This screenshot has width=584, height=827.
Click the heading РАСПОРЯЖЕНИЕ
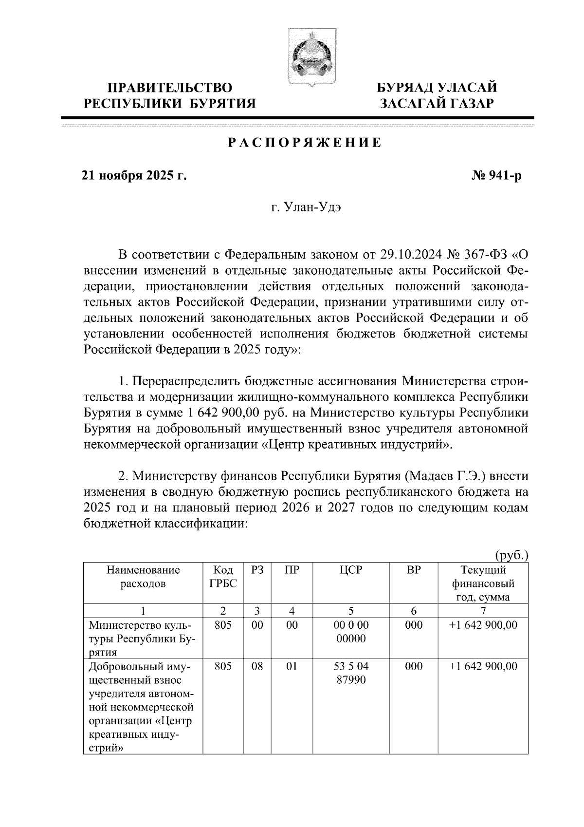point(305,143)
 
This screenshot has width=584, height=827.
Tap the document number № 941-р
point(495,176)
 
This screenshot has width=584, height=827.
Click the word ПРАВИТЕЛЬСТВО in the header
point(170,88)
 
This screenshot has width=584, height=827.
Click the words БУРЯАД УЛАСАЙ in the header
point(438,88)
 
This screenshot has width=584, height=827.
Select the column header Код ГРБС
point(223,577)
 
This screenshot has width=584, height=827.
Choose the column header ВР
point(414,570)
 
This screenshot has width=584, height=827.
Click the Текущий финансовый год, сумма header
point(483,583)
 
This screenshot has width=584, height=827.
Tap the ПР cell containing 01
point(292,666)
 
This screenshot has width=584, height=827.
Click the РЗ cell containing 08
point(257,666)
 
